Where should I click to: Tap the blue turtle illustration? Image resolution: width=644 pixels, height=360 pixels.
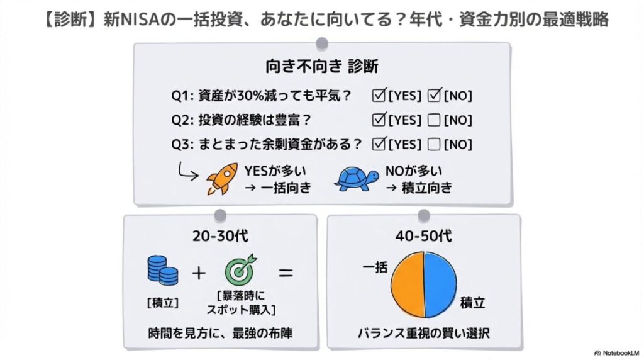point(355,179)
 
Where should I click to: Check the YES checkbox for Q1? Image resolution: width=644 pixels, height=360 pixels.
point(379,96)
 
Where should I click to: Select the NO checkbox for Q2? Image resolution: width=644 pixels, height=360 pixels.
point(433,120)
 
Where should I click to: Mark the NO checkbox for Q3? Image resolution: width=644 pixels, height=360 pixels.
point(433,144)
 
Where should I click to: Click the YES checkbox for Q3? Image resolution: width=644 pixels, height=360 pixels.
point(379,144)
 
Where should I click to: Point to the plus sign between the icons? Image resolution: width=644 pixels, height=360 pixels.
point(199,273)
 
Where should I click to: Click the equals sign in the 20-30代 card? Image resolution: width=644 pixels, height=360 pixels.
point(286,273)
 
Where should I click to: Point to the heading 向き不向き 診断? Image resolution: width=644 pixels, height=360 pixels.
point(321,65)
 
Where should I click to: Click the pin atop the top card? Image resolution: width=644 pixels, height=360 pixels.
point(322,43)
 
